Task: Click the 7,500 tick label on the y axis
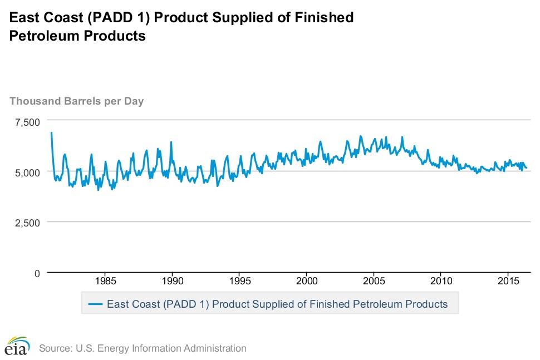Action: (x=27, y=122)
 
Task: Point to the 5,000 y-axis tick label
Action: (x=27, y=172)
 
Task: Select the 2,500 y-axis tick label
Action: (x=27, y=223)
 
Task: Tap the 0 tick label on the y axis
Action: (x=37, y=274)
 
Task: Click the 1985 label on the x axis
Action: (x=105, y=279)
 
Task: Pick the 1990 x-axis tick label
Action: (x=172, y=279)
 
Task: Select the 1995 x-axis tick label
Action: (x=239, y=279)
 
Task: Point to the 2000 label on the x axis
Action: (x=307, y=279)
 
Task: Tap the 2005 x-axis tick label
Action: (x=374, y=279)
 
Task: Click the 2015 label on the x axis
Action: (x=508, y=279)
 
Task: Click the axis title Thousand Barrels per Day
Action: (x=77, y=101)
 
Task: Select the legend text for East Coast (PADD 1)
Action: (x=277, y=304)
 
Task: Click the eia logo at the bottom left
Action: (x=17, y=346)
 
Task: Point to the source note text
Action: (x=143, y=349)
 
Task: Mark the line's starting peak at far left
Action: (x=51, y=132)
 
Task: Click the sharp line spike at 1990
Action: (x=171, y=142)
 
